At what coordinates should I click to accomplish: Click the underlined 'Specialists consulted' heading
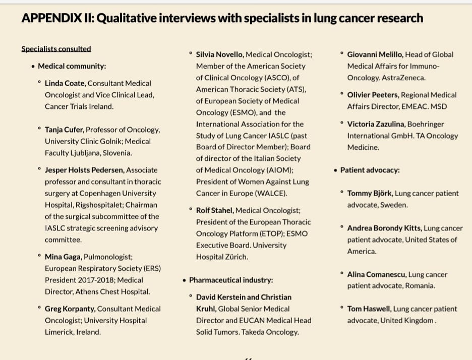[x=56, y=49]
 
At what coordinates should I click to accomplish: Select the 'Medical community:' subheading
[x=72, y=66]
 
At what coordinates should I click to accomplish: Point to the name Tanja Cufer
[x=64, y=130]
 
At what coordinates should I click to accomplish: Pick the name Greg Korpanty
[x=70, y=309]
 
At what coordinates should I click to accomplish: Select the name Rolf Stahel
[x=214, y=210]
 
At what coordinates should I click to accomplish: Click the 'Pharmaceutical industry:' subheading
[x=231, y=280]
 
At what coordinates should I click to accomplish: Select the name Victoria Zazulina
[x=375, y=124]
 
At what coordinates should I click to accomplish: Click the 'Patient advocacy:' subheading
[x=370, y=170]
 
